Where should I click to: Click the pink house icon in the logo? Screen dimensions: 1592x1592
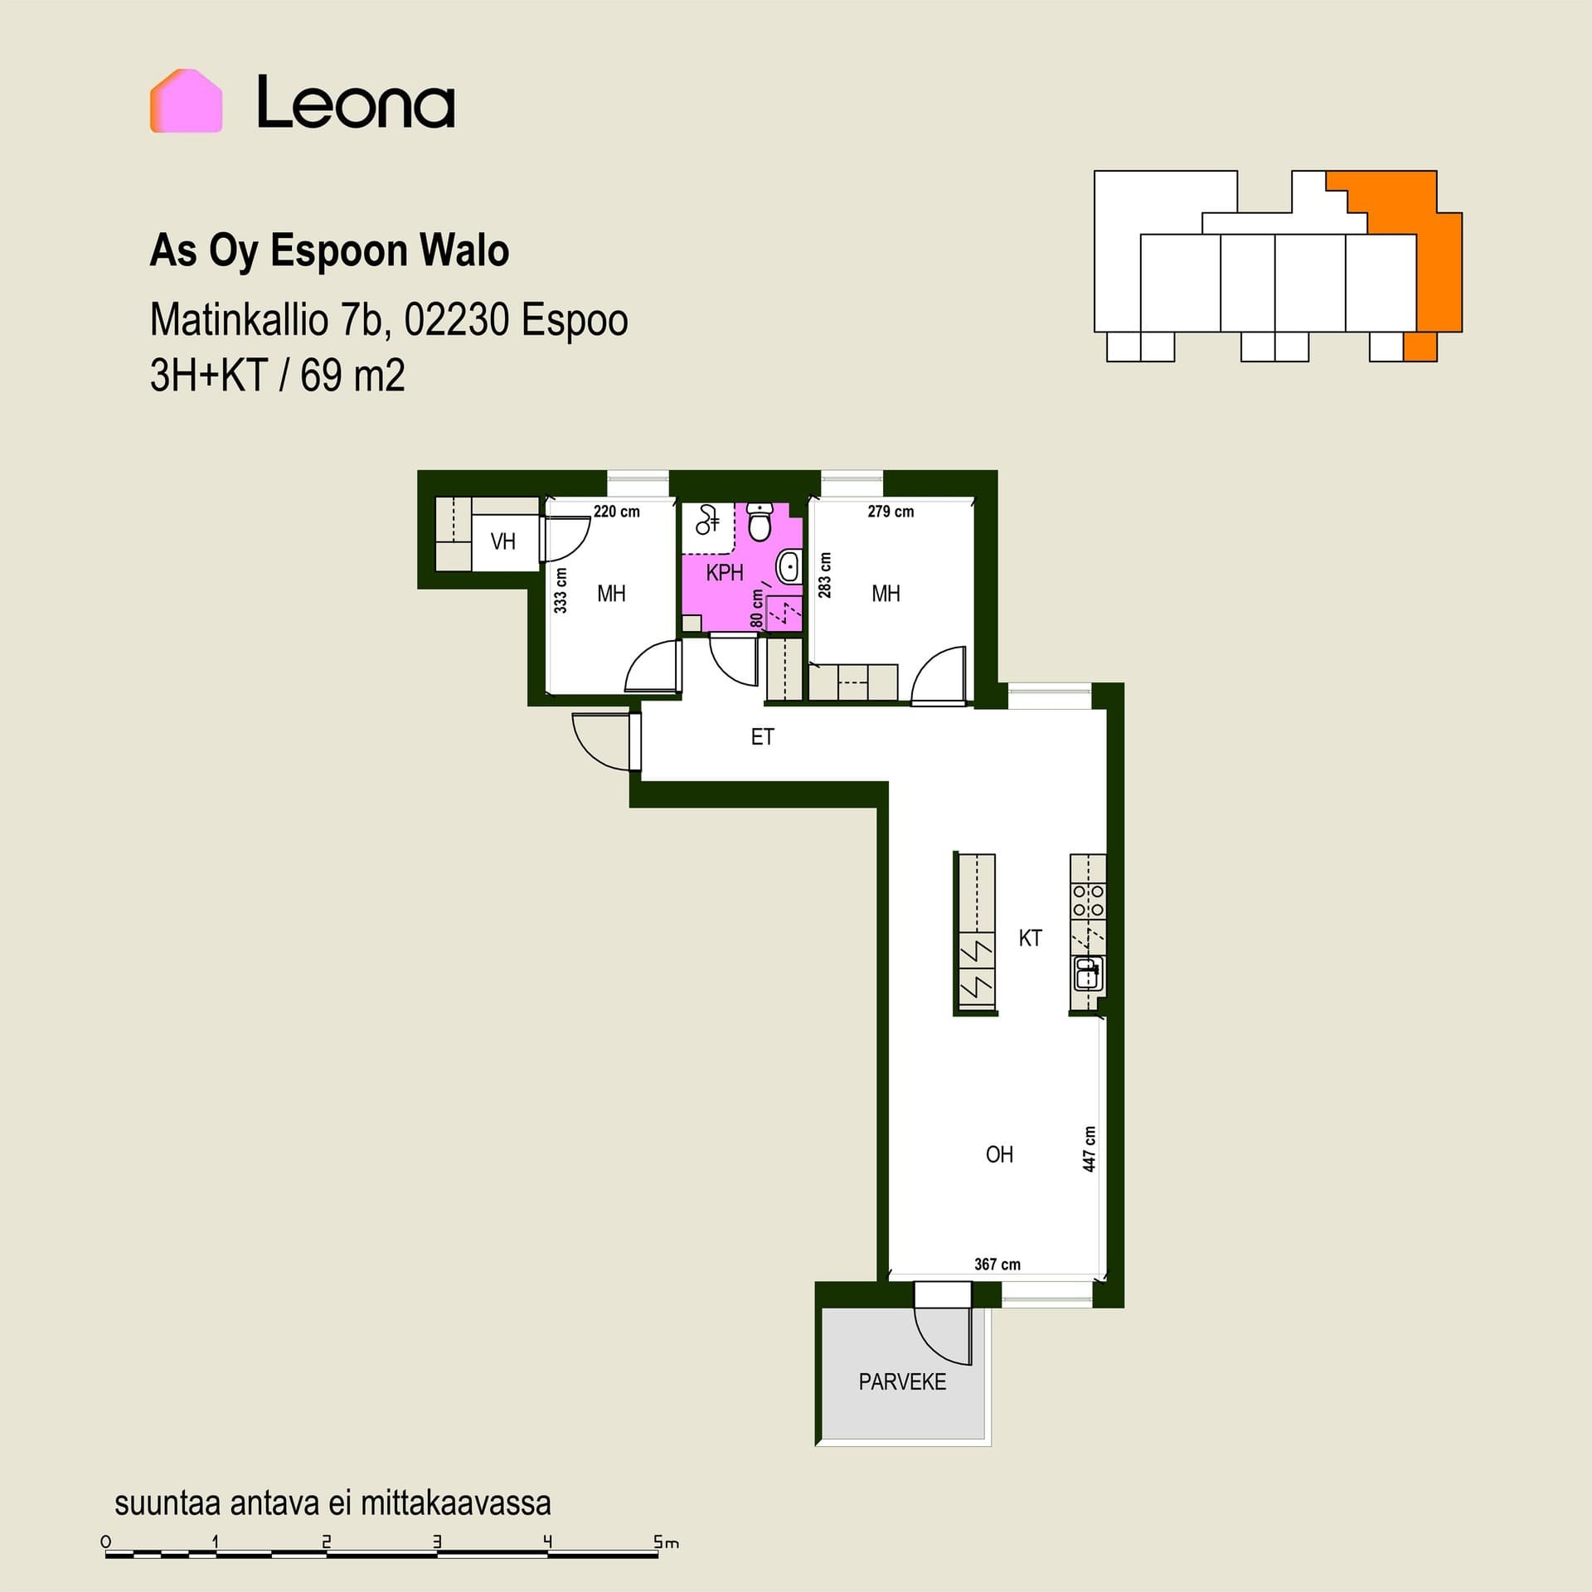click(186, 101)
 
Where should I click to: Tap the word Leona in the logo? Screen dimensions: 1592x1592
click(356, 103)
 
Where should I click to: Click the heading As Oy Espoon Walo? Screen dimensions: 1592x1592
click(329, 250)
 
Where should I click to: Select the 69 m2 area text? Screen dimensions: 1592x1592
click(352, 376)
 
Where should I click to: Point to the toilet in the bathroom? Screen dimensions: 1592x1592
click(760, 521)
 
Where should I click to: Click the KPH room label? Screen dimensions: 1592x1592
click(725, 572)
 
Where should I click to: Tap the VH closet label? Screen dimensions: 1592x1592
click(502, 541)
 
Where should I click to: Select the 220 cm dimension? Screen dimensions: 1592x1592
click(617, 512)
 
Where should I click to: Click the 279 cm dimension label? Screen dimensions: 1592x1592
click(891, 512)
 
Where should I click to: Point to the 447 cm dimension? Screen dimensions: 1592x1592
click(1090, 1148)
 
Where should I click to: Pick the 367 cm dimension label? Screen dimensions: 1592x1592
click(997, 1264)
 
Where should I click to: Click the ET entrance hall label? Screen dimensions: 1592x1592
click(762, 736)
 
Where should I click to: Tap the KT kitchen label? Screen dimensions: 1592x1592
click(1030, 938)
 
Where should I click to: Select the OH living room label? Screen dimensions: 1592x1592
click(999, 1154)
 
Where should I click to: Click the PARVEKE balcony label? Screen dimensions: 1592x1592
click(902, 1381)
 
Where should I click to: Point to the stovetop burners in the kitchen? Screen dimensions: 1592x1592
click(1088, 900)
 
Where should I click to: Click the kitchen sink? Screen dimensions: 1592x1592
click(1088, 973)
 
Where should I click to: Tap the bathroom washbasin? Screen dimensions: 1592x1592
click(789, 568)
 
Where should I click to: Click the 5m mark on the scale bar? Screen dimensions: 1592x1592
click(666, 1543)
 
